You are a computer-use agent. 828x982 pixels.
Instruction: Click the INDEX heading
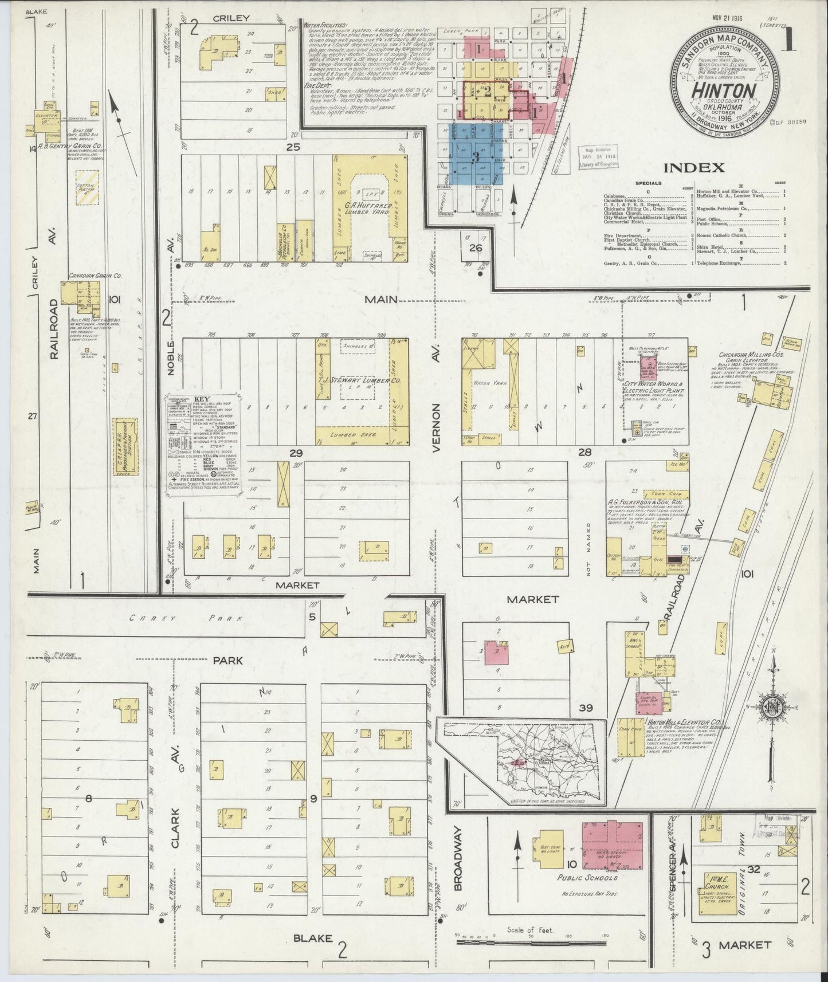point(694,168)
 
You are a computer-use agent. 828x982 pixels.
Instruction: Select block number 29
point(295,453)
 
